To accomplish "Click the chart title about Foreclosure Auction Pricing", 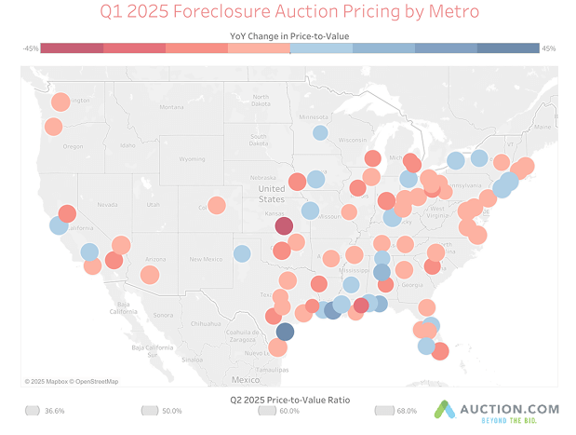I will tap(288, 12).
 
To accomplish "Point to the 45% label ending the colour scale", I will tap(548, 48).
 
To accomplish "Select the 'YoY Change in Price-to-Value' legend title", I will tap(288, 34).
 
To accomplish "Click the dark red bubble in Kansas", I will tap(284, 226).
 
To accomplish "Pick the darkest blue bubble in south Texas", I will tap(286, 331).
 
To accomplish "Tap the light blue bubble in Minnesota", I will tap(320, 133).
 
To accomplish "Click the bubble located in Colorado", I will tap(217, 205).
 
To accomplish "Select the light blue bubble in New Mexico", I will tap(242, 252).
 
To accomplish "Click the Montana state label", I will tap(171, 107).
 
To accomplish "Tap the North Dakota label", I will tap(260, 100).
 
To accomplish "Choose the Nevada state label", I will tap(108, 204).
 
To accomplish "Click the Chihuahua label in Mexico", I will tap(206, 323).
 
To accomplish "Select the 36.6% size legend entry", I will tap(46, 411).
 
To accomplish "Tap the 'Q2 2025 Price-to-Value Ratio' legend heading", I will tap(288, 398).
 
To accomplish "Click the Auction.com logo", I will tap(499, 411).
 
